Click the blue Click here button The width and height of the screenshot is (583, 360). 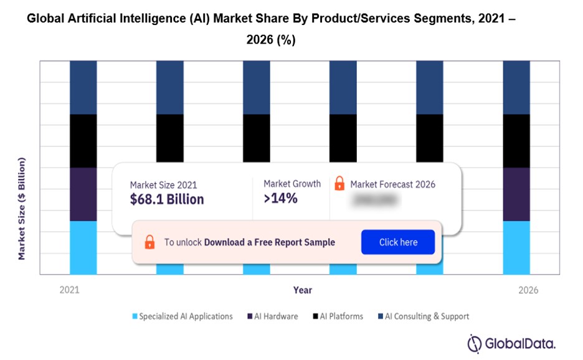click(397, 242)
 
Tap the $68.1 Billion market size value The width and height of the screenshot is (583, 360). click(166, 199)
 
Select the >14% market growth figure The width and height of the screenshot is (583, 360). click(281, 199)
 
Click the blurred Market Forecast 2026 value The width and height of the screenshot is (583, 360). click(374, 200)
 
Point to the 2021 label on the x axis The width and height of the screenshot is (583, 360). click(69, 290)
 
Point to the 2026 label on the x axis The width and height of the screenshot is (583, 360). click(528, 290)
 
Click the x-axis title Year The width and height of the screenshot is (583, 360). click(303, 290)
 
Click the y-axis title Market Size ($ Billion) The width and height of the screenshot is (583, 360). click(22, 209)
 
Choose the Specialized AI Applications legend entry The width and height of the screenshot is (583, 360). click(182, 316)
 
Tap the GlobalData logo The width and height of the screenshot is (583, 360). click(511, 343)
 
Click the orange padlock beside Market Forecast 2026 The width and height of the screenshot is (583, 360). click(339, 184)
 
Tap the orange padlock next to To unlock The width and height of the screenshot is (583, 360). click(149, 242)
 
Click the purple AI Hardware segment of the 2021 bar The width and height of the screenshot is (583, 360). click(83, 194)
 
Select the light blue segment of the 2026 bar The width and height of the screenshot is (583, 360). click(516, 247)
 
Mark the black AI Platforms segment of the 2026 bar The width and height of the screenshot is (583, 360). click(516, 141)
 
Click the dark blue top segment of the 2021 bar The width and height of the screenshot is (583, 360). click(83, 87)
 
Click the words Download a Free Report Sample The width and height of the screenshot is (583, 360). click(269, 242)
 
